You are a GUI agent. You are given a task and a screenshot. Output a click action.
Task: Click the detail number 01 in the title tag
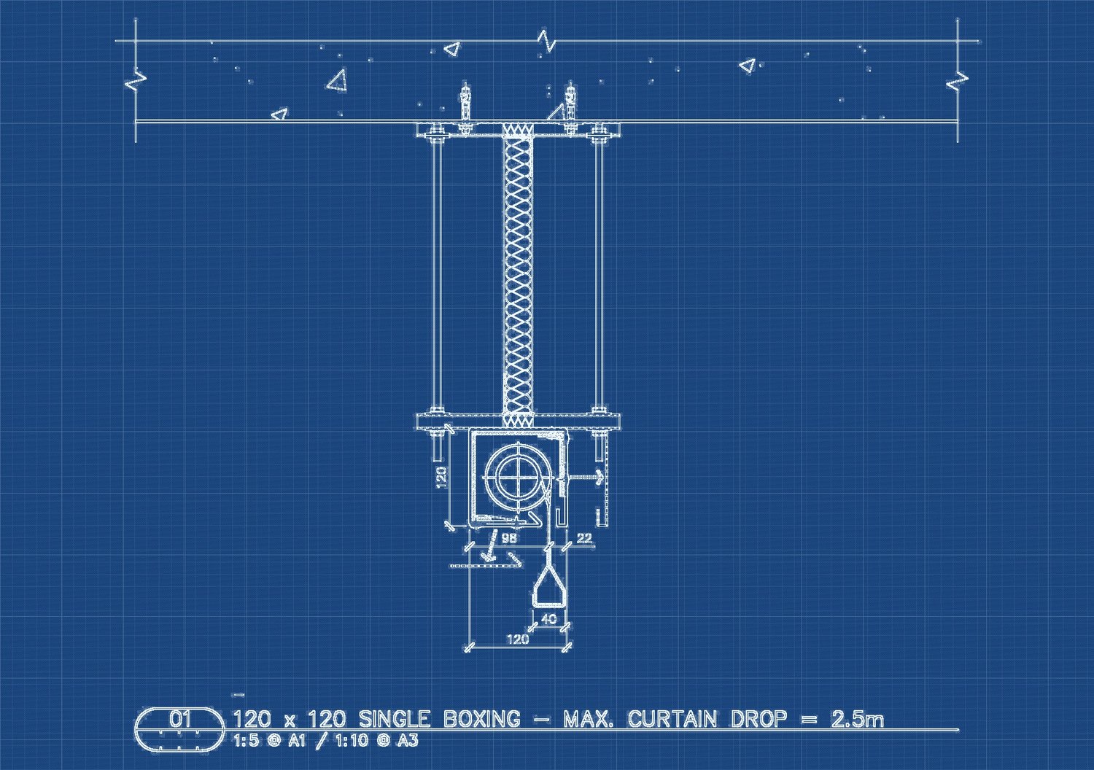(x=179, y=719)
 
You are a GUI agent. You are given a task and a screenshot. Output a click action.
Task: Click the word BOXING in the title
(x=481, y=719)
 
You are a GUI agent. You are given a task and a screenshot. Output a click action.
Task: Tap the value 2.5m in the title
(x=858, y=719)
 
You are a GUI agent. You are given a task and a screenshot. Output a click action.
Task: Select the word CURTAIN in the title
(x=672, y=719)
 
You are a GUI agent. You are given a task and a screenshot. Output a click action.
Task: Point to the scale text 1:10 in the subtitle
(x=352, y=741)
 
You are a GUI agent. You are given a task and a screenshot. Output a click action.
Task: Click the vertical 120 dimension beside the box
(x=441, y=477)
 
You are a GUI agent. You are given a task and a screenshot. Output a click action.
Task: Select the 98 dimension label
(x=509, y=538)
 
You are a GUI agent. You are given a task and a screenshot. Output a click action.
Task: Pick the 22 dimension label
(x=584, y=538)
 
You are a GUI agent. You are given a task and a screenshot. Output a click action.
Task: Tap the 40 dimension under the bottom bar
(x=549, y=618)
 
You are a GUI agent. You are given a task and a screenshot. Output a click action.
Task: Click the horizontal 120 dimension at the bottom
(x=518, y=639)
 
